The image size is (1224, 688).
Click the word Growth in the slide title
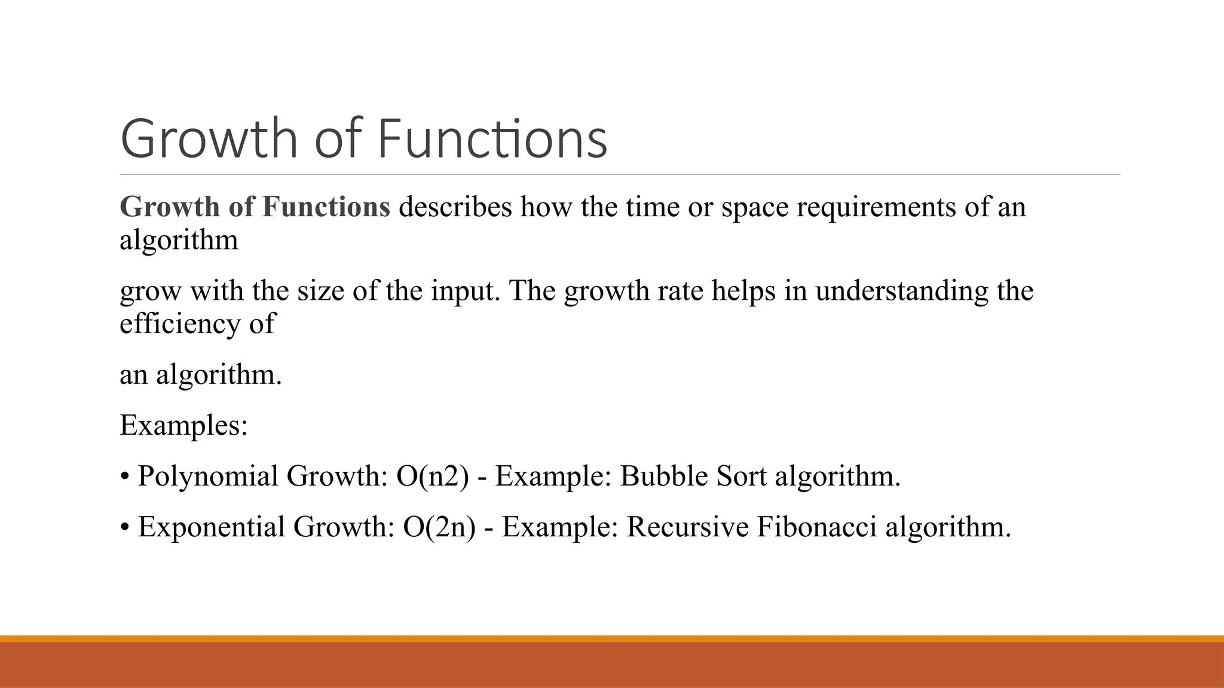click(209, 139)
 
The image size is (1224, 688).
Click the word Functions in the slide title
click(492, 139)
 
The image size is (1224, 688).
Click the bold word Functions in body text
click(326, 207)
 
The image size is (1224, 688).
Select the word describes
click(455, 207)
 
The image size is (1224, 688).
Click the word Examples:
click(183, 426)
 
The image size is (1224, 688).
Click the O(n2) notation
click(432, 477)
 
